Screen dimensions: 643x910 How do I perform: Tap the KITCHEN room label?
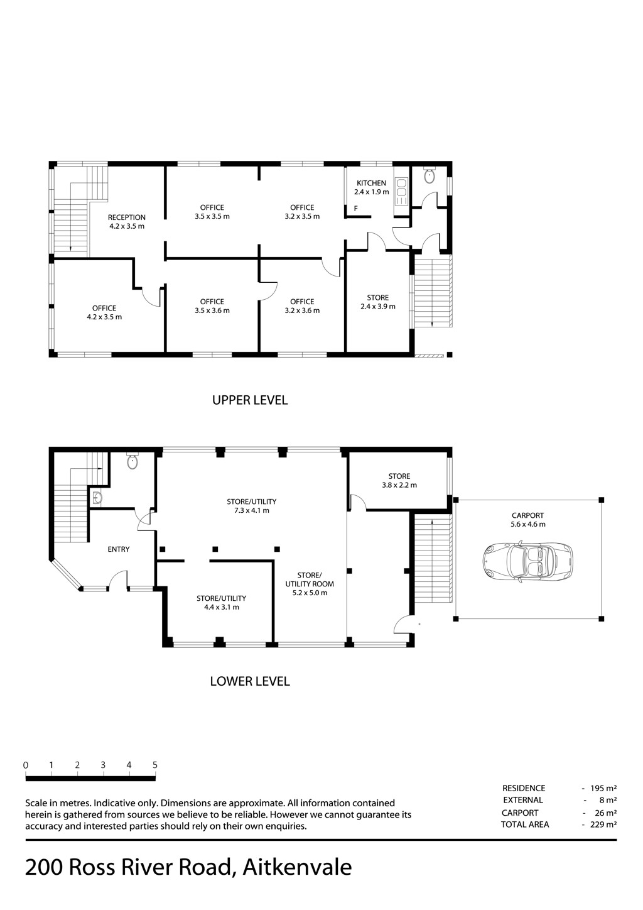tap(371, 183)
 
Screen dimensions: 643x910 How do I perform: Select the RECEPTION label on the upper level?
tap(127, 217)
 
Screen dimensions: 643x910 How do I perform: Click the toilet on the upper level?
tap(429, 175)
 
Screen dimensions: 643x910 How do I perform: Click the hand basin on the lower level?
tap(96, 497)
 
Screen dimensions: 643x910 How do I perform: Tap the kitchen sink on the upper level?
tap(401, 192)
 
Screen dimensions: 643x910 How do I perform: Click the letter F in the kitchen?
tap(356, 209)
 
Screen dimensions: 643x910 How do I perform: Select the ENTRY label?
tap(119, 549)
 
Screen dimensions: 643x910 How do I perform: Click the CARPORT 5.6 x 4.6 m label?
tap(527, 520)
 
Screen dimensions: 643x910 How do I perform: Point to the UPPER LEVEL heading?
tap(250, 400)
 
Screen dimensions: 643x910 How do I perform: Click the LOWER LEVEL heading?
tap(250, 681)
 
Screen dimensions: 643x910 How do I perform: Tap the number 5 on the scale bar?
tap(154, 765)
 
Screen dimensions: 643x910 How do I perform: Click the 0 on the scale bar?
tap(26, 765)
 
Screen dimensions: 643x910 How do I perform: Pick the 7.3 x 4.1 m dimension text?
tap(252, 510)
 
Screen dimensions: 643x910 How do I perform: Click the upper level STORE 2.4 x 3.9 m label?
tap(378, 302)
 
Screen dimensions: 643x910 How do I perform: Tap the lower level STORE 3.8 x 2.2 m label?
tap(399, 481)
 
